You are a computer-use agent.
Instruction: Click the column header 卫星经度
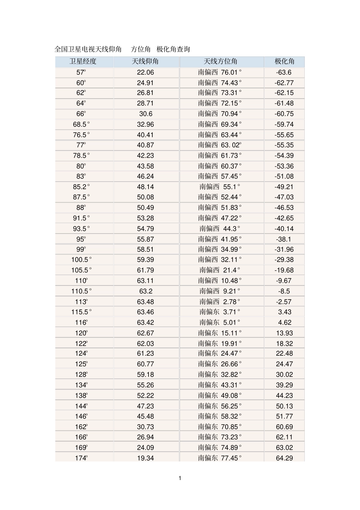[83, 61]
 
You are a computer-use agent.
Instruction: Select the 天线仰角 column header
[145, 61]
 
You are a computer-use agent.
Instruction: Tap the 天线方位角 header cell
[221, 61]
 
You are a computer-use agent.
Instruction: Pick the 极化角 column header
[284, 61]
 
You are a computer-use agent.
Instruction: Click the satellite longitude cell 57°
[81, 72]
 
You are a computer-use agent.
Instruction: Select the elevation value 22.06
[146, 72]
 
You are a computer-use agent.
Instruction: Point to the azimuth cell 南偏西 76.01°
[220, 72]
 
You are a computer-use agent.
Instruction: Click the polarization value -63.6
[284, 72]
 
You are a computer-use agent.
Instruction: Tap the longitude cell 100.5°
[81, 260]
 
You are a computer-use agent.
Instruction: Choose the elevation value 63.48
[146, 302]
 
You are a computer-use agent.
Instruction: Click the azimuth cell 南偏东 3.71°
[220, 312]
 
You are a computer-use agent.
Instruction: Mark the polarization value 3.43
[284, 312]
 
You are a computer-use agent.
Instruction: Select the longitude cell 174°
[81, 458]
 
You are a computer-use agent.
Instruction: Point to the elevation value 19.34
[146, 458]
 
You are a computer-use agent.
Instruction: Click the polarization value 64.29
[284, 458]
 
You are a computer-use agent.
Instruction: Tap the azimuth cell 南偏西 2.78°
[220, 302]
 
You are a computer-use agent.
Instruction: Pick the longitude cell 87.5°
[81, 197]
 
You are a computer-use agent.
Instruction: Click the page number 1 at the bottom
[180, 478]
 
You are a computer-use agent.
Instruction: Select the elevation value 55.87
[146, 239]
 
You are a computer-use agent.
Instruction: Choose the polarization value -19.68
[284, 270]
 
